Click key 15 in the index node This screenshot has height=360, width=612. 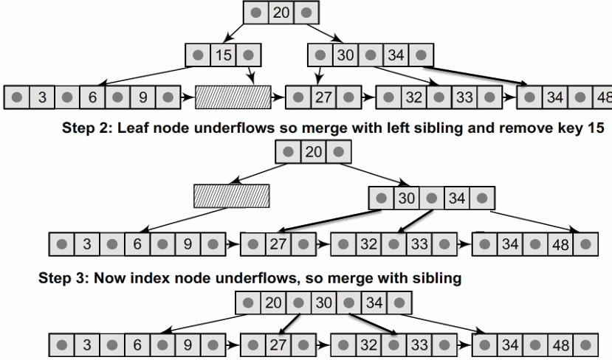[224, 55]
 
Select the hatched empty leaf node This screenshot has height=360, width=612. [233, 97]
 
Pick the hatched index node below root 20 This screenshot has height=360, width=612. [232, 196]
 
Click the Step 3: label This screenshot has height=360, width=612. [64, 278]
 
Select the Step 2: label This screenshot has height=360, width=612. [87, 128]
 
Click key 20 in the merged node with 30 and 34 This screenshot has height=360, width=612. [273, 302]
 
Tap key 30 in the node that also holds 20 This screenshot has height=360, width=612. [323, 302]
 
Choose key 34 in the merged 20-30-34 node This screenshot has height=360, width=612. [374, 302]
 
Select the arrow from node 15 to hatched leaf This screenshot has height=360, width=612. [250, 75]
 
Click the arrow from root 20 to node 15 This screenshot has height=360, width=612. [233, 33]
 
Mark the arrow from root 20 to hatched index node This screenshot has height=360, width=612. [258, 173]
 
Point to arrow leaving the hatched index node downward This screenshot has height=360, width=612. [183, 220]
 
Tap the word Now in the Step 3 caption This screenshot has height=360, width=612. [110, 278]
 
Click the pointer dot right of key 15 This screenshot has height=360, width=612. [249, 55]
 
